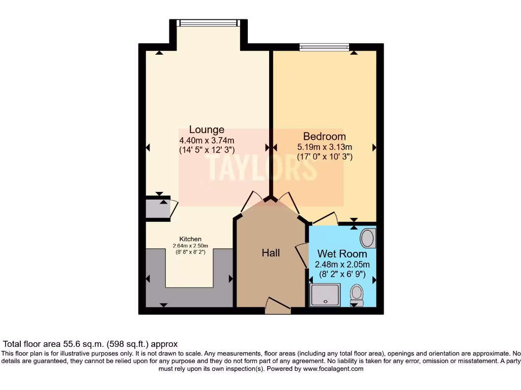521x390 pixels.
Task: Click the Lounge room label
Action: (207, 129)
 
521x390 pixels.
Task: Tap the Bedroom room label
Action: (324, 136)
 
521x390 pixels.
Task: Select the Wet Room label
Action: (342, 253)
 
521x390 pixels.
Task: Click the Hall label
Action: (271, 252)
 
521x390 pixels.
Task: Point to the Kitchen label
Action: (190, 239)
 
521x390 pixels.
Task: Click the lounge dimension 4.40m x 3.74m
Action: (207, 141)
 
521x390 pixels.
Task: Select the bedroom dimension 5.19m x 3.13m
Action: (325, 147)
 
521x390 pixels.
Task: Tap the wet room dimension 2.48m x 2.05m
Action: (342, 265)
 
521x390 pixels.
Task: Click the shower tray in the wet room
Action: (325, 295)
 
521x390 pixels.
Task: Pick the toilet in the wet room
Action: (357, 295)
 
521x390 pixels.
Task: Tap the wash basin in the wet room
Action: (367, 238)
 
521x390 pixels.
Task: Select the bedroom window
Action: (324, 48)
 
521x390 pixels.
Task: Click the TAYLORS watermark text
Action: (261, 167)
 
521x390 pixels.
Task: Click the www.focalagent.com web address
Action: (333, 369)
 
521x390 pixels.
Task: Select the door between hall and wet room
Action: (302, 252)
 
